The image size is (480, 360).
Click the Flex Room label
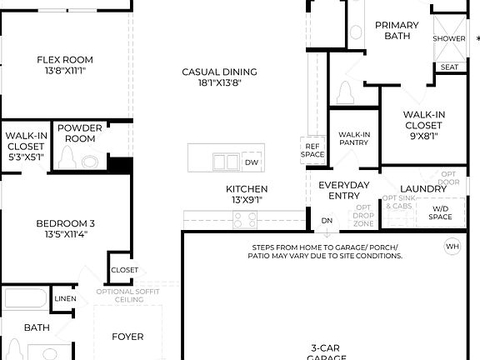pyautogui.click(x=64, y=59)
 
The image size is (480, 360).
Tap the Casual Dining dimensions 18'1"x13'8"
pyautogui.click(x=219, y=83)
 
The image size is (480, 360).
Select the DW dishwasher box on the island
pyautogui.click(x=251, y=162)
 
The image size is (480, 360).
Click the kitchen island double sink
pyautogui.click(x=223, y=162)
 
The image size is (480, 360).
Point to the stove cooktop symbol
pyautogui.click(x=244, y=220)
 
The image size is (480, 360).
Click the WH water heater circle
pyautogui.click(x=452, y=246)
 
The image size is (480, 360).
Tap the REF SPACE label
pyautogui.click(x=312, y=150)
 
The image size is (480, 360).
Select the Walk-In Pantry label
pyautogui.click(x=353, y=139)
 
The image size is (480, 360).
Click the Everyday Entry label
pyautogui.click(x=344, y=190)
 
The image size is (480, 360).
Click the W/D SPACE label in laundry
pyautogui.click(x=440, y=213)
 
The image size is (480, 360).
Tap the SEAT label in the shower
pyautogui.click(x=449, y=67)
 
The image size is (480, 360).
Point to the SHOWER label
pyautogui.click(x=449, y=38)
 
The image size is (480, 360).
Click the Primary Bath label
pyautogui.click(x=396, y=31)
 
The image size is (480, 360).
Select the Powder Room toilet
pyautogui.click(x=67, y=159)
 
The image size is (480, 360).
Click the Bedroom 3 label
pyautogui.click(x=64, y=228)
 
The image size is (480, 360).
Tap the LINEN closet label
pyautogui.click(x=65, y=298)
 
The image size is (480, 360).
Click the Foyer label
pyautogui.click(x=127, y=337)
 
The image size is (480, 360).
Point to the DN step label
pyautogui.click(x=327, y=221)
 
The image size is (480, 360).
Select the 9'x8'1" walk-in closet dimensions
pyautogui.click(x=422, y=136)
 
